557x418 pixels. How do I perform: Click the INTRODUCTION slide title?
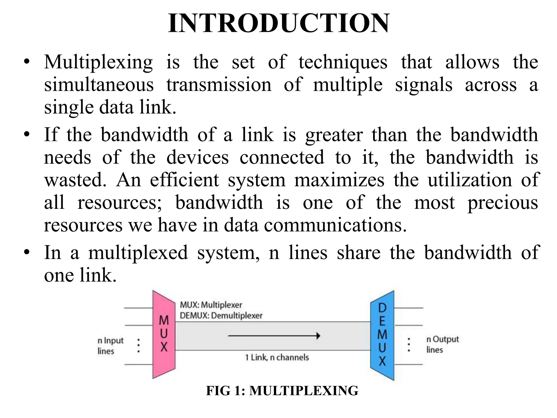tap(278, 23)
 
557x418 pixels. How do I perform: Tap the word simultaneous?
tap(99, 85)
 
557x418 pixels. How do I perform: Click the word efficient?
tap(184, 180)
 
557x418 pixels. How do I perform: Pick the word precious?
tap(503, 203)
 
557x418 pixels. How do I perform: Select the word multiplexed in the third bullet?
tap(138, 253)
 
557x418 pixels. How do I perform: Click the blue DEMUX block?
tap(382, 335)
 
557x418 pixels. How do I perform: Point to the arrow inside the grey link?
tap(274, 336)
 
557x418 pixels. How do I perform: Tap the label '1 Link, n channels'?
tap(277, 357)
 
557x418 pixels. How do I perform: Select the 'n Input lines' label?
tap(110, 346)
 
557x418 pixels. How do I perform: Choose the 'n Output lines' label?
tap(442, 345)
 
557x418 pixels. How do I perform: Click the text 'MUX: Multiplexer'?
tap(211, 305)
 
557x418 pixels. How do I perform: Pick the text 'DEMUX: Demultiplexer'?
tap(221, 316)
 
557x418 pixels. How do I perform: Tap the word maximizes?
tap(339, 180)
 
